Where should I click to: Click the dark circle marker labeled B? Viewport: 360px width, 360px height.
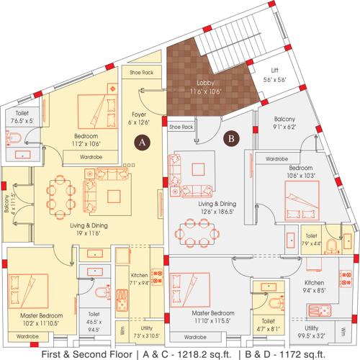tap(232, 134)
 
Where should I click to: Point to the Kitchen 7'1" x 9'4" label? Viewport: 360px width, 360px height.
tap(139, 279)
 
